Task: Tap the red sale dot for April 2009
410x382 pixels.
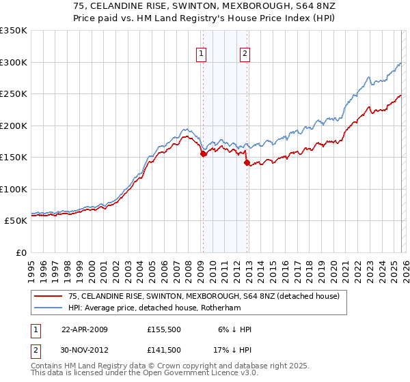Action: point(203,154)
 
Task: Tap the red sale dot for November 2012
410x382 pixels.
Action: point(247,163)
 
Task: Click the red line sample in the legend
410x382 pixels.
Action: point(48,295)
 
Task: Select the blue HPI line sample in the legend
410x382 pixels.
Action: point(48,307)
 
